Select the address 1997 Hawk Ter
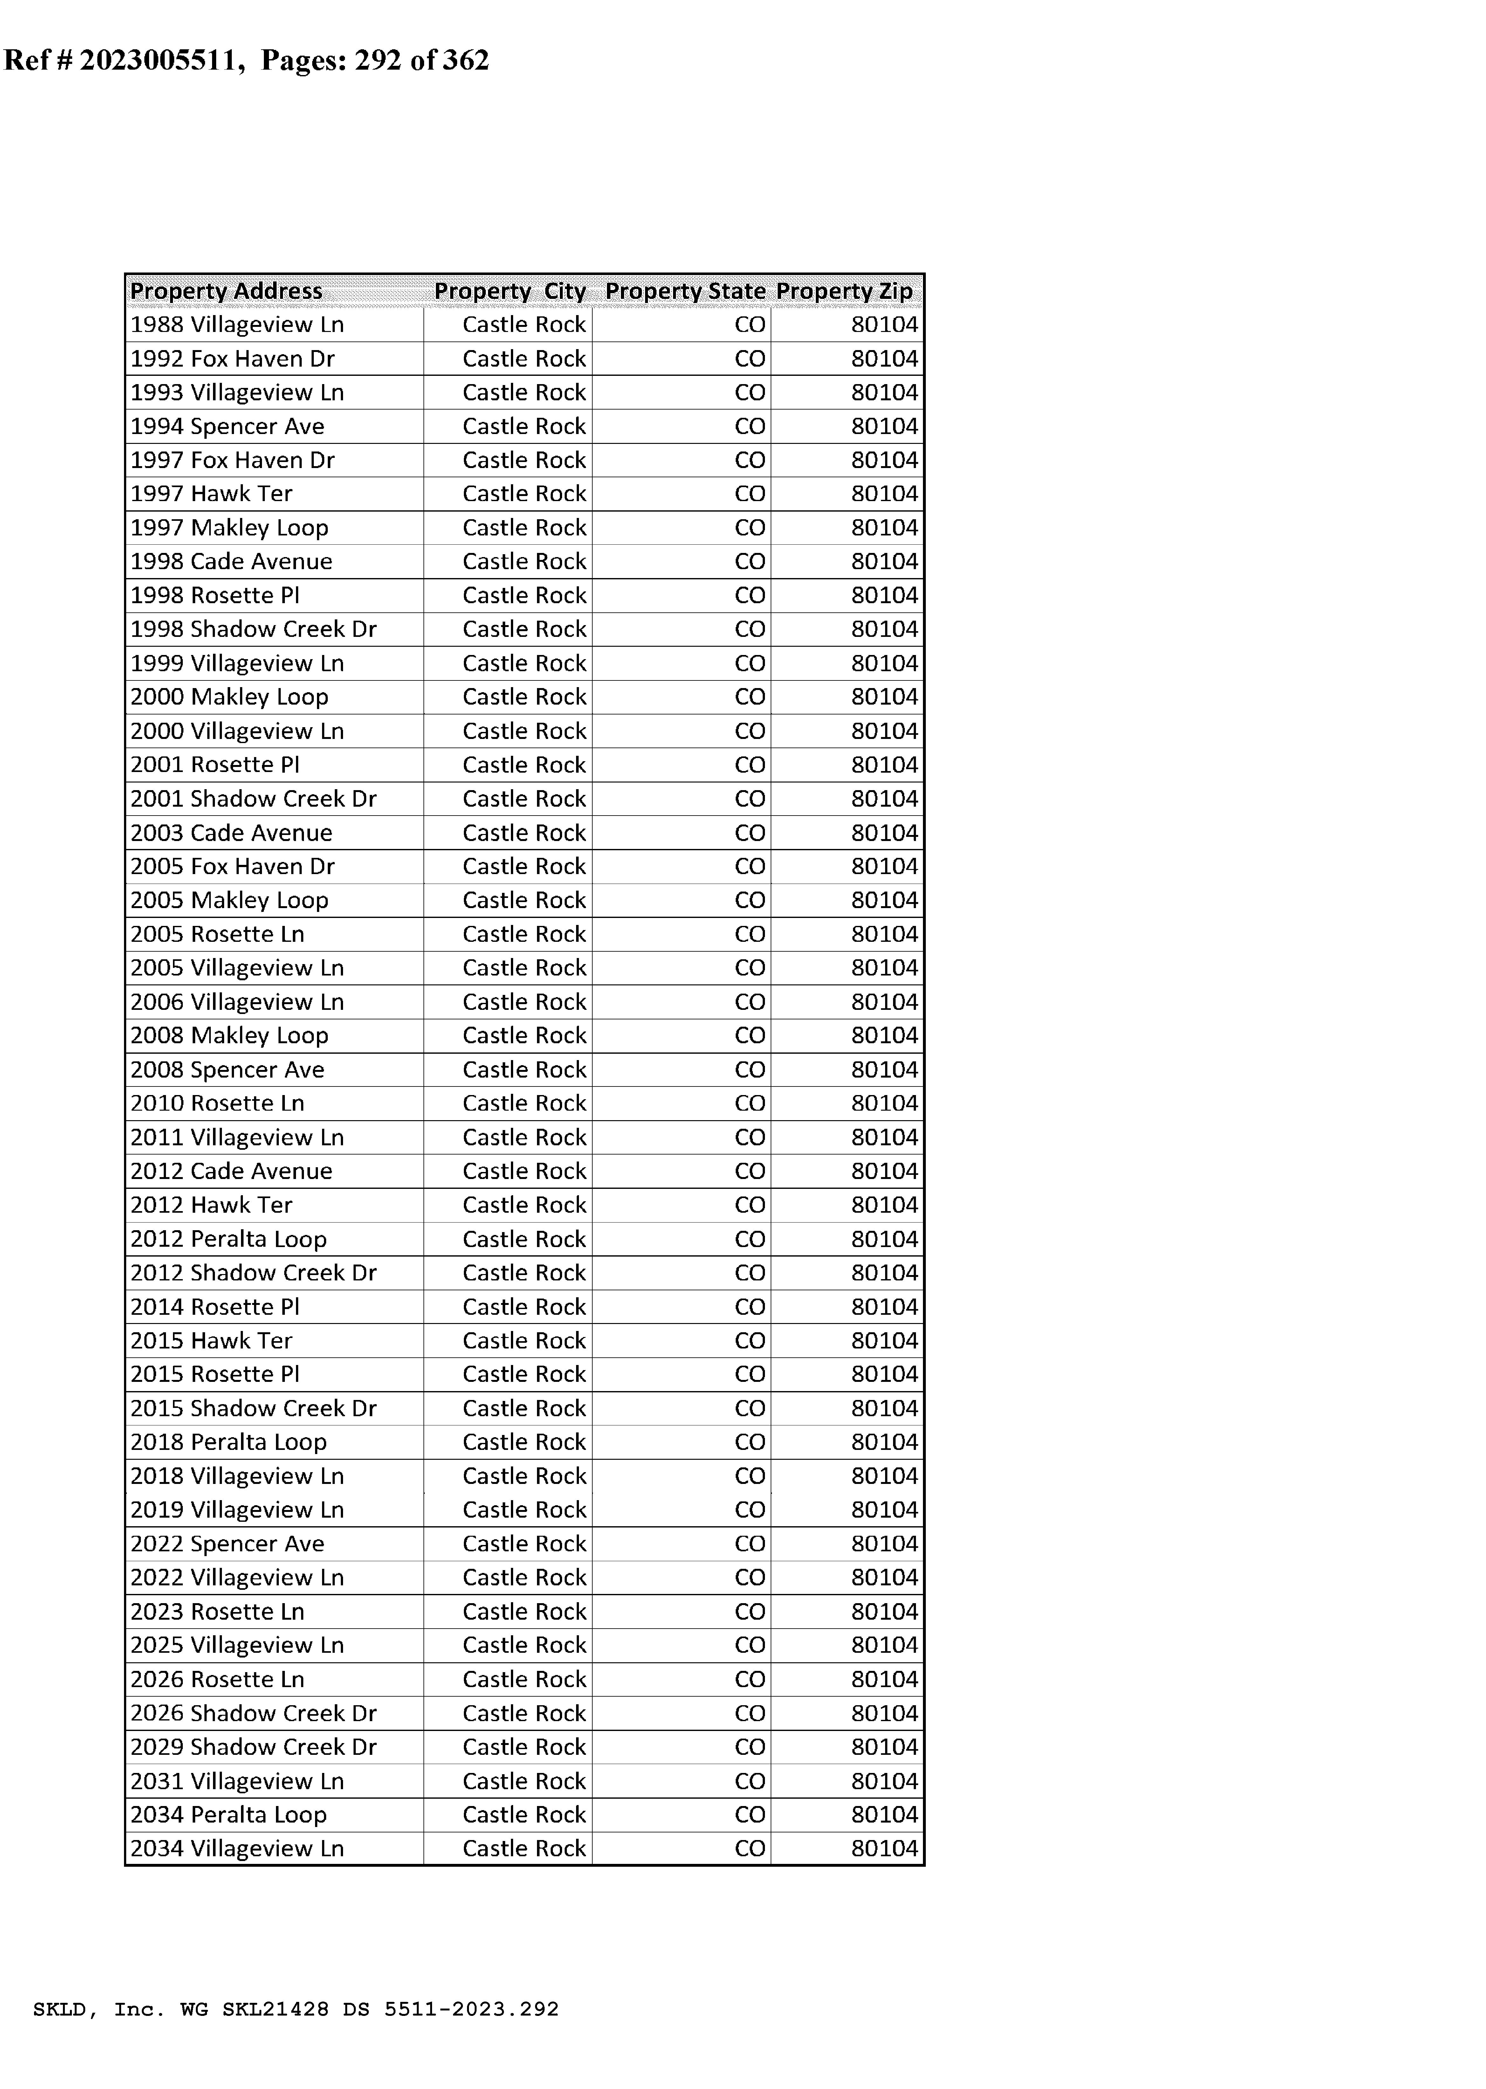point(211,494)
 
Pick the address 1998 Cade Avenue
point(231,562)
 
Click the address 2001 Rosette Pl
point(215,765)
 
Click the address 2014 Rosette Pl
point(215,1306)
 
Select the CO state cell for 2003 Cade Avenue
point(749,833)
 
